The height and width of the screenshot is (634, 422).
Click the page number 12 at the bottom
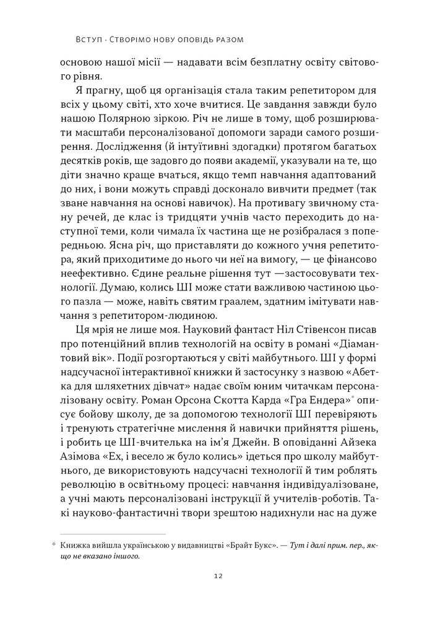(211, 575)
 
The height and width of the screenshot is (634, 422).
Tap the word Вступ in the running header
(87, 40)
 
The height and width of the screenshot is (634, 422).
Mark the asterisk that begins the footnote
(54, 545)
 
